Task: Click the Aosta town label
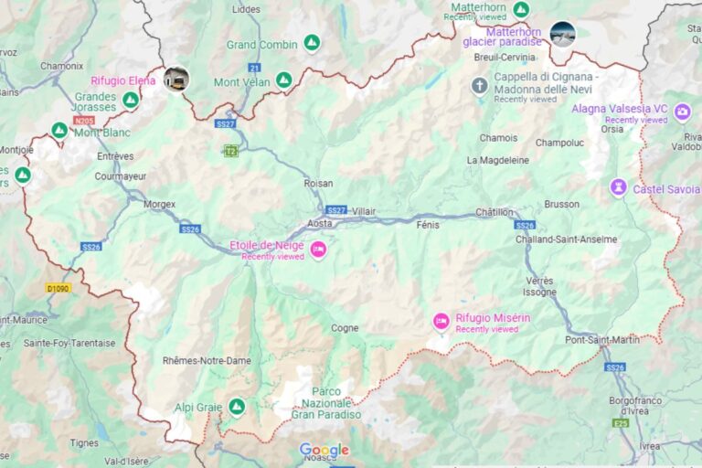point(319,223)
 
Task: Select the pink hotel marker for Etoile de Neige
point(318,250)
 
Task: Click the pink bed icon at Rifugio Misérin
point(441,321)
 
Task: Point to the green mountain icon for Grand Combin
point(312,43)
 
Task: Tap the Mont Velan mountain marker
point(283,80)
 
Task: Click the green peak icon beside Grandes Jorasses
point(131,100)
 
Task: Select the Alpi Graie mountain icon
point(237,406)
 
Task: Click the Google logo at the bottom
point(324,450)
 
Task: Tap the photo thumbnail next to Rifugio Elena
point(176,79)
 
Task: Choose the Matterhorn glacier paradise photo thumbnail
point(563,34)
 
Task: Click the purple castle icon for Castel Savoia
point(619,187)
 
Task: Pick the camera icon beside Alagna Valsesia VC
point(682,112)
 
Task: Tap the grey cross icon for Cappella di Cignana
point(479,86)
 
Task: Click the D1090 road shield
point(58,289)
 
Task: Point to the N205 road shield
point(84,120)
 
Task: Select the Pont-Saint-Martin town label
point(602,340)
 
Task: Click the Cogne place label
point(345,327)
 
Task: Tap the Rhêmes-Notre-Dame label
point(207,360)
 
